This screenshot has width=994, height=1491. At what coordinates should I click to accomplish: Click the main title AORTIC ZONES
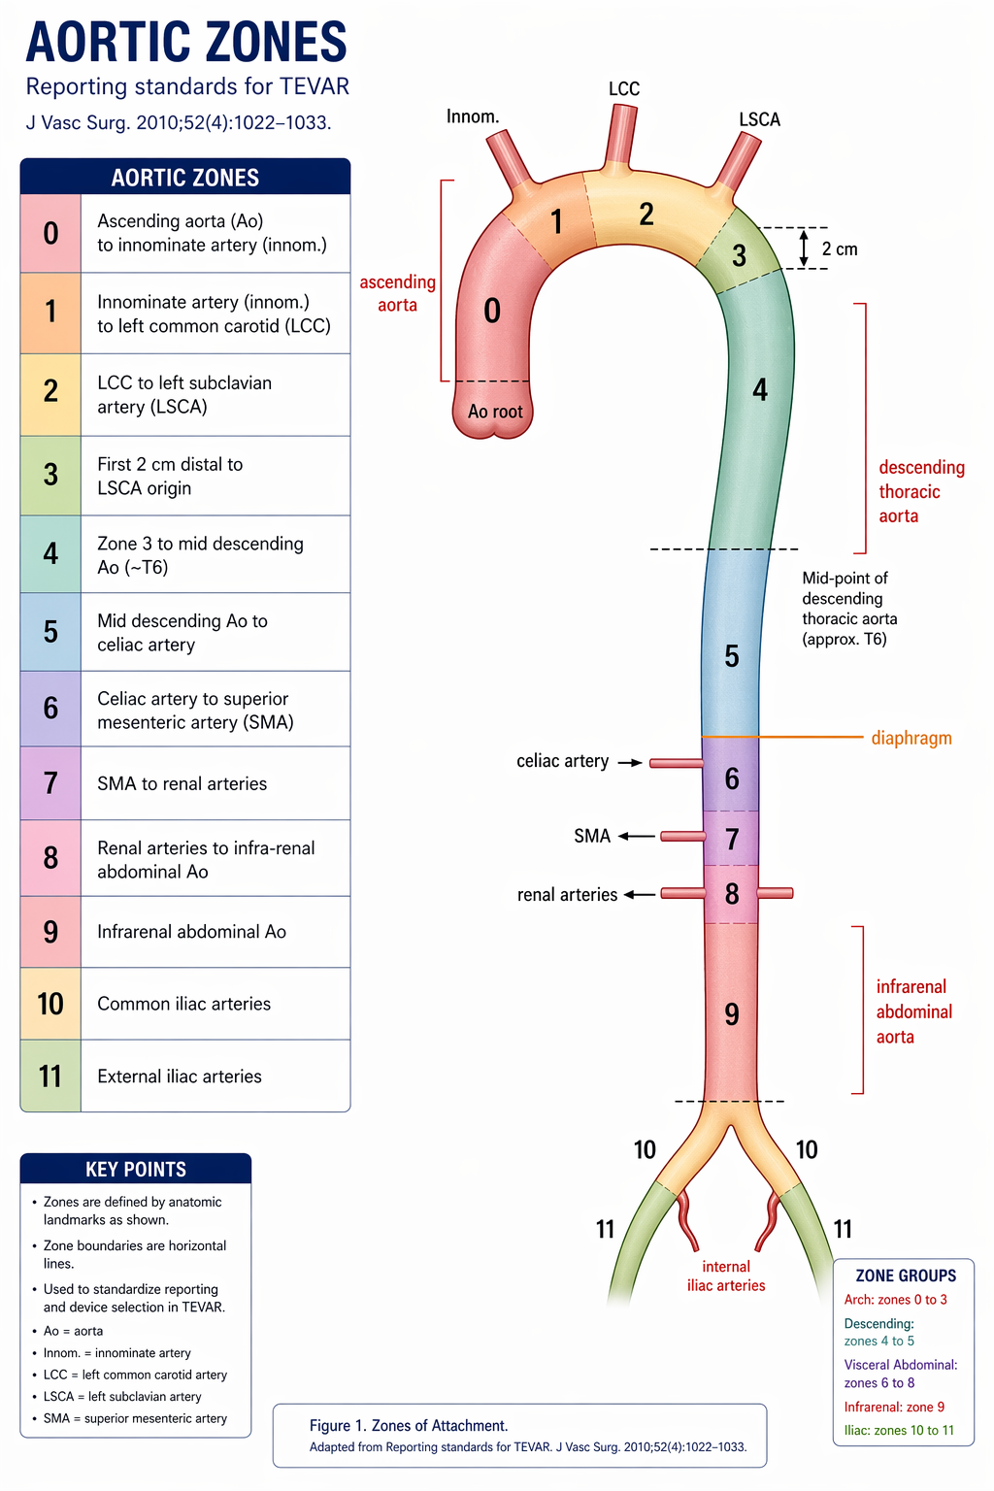[186, 43]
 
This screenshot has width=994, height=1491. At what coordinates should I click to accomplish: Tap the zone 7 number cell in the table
[50, 783]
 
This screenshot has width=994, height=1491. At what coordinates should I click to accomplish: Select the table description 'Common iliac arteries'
[183, 1004]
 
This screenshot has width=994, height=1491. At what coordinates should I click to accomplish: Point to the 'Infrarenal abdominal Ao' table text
[191, 932]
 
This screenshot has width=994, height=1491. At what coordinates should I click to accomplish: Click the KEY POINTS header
[136, 1169]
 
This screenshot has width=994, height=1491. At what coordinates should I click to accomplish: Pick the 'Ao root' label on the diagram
[495, 412]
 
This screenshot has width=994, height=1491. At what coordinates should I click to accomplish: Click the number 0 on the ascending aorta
[492, 312]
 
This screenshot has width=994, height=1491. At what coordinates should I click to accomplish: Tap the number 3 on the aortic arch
[739, 255]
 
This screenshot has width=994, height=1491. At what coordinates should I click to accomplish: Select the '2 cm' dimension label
[840, 249]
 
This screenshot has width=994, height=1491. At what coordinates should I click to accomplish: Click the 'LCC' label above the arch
[624, 89]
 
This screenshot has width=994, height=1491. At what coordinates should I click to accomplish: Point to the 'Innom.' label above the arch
[473, 116]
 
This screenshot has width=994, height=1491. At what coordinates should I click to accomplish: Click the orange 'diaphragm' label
[911, 738]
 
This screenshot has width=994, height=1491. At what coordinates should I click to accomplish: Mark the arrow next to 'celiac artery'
[630, 763]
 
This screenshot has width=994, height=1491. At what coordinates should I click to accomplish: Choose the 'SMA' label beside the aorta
[592, 836]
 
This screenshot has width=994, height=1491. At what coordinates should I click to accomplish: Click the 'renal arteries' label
[567, 895]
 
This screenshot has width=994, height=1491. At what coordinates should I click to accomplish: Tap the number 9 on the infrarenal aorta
[732, 1014]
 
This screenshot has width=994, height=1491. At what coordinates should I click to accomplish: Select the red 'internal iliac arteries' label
[726, 1276]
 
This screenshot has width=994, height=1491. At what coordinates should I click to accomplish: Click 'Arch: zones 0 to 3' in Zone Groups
[895, 1300]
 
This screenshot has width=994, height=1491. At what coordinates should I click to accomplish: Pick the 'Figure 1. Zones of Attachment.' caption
[409, 1425]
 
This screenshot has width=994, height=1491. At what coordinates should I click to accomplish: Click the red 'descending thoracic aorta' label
[920, 491]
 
